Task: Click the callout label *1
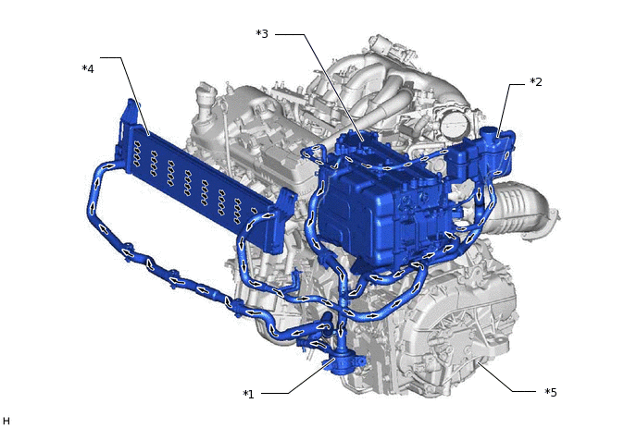pyautogui.click(x=248, y=394)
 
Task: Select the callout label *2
pyautogui.click(x=536, y=82)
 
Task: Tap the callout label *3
pyautogui.click(x=262, y=33)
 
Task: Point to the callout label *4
pyautogui.click(x=88, y=68)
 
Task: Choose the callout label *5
pyautogui.click(x=551, y=392)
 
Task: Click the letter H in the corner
pyautogui.click(x=6, y=422)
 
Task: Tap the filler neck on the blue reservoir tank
pyautogui.click(x=488, y=134)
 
